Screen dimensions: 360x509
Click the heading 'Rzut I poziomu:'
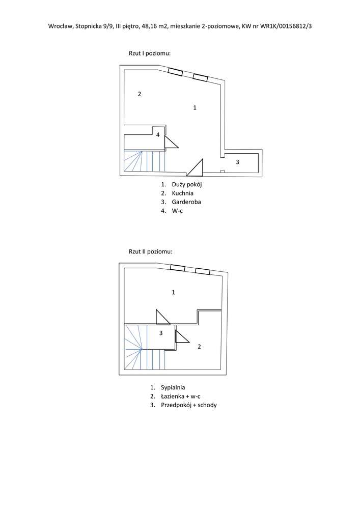pyautogui.click(x=150, y=53)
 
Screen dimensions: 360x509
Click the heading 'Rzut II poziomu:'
pyautogui.click(x=150, y=251)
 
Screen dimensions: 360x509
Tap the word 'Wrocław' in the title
pyautogui.click(x=61, y=26)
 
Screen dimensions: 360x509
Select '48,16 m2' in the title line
pyautogui.click(x=154, y=26)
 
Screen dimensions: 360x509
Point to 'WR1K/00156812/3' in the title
pyautogui.click(x=286, y=26)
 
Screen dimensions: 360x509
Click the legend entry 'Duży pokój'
pyautogui.click(x=187, y=185)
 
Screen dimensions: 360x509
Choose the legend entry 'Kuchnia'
pyautogui.click(x=183, y=193)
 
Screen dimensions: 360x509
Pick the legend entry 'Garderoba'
pyautogui.click(x=187, y=202)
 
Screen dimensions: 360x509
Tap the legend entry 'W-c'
pyautogui.click(x=178, y=211)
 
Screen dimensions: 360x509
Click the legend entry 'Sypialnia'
pyautogui.click(x=173, y=387)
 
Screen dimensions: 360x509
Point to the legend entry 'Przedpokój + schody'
pyautogui.click(x=189, y=405)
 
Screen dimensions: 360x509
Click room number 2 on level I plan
pyautogui.click(x=140, y=94)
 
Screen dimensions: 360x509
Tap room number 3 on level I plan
pyautogui.click(x=238, y=162)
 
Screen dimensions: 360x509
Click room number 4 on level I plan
pyautogui.click(x=158, y=134)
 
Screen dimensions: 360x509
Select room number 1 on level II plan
pyautogui.click(x=173, y=292)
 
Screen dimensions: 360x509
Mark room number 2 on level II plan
pyautogui.click(x=199, y=347)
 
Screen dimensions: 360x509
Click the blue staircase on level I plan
pyautogui.click(x=145, y=161)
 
